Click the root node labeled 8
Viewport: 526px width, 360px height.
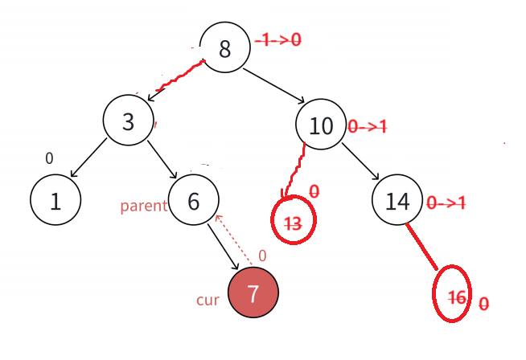tap(224, 48)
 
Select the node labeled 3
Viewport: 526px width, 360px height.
tap(129, 121)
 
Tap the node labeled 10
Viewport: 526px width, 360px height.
tap(320, 125)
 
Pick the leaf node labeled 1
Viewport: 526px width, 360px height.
tap(55, 200)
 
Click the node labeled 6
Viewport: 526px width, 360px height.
tap(193, 200)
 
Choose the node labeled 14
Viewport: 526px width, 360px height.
tap(397, 201)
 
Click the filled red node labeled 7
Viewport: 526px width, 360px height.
tap(253, 293)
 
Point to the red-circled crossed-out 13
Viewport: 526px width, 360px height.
tap(294, 224)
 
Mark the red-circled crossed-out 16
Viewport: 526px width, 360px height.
tap(456, 297)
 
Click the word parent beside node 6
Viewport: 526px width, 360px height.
tap(143, 206)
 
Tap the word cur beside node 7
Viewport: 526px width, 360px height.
tap(208, 300)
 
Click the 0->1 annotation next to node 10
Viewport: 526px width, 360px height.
tap(368, 126)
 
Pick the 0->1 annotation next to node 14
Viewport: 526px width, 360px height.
tap(446, 202)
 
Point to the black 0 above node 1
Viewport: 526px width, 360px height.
tap(49, 158)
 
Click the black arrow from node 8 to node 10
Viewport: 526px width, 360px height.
tap(273, 86)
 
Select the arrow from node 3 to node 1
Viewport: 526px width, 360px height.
tap(88, 158)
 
